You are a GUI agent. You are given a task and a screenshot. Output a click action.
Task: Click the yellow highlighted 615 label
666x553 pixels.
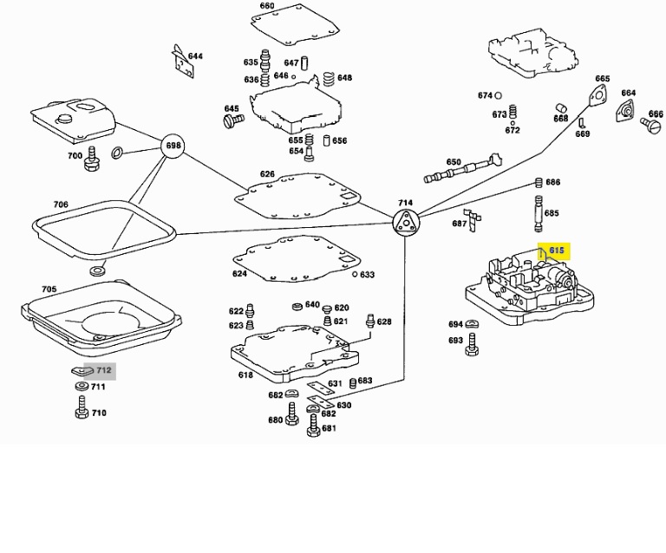point(556,250)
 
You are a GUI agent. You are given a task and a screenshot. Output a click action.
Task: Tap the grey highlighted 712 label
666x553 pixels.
point(103,370)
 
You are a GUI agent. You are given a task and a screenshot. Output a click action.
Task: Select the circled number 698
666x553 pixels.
point(173,146)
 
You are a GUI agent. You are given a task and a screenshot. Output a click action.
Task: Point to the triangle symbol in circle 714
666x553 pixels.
point(405,223)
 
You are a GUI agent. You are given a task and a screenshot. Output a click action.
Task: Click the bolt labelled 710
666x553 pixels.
point(81,407)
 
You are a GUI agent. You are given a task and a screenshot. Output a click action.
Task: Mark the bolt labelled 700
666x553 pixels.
point(90,161)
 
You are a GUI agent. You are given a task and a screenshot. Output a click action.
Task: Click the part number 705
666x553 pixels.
point(49,290)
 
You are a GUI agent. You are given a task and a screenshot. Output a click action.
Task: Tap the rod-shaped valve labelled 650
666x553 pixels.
point(460,170)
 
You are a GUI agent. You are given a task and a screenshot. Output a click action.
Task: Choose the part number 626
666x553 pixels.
point(267,174)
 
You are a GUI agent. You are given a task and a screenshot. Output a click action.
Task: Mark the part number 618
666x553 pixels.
point(245,375)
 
